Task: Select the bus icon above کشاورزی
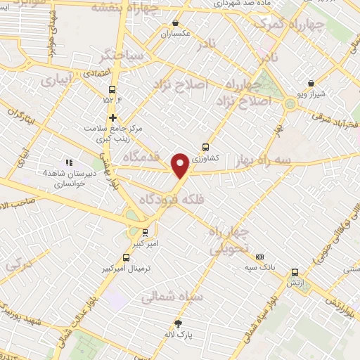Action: tap(205, 147)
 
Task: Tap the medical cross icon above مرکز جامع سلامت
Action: tap(112, 117)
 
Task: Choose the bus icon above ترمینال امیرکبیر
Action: tap(127, 257)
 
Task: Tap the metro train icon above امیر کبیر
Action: tap(146, 232)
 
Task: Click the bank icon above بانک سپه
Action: tap(260, 257)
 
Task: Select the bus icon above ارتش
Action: tap(295, 273)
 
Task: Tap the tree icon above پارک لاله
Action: tap(178, 323)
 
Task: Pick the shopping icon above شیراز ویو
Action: tap(311, 83)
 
